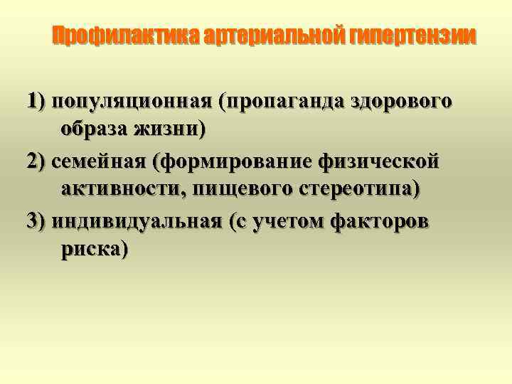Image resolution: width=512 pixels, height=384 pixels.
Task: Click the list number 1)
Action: click(x=37, y=101)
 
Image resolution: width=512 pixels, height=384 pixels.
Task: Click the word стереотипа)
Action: click(x=365, y=191)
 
